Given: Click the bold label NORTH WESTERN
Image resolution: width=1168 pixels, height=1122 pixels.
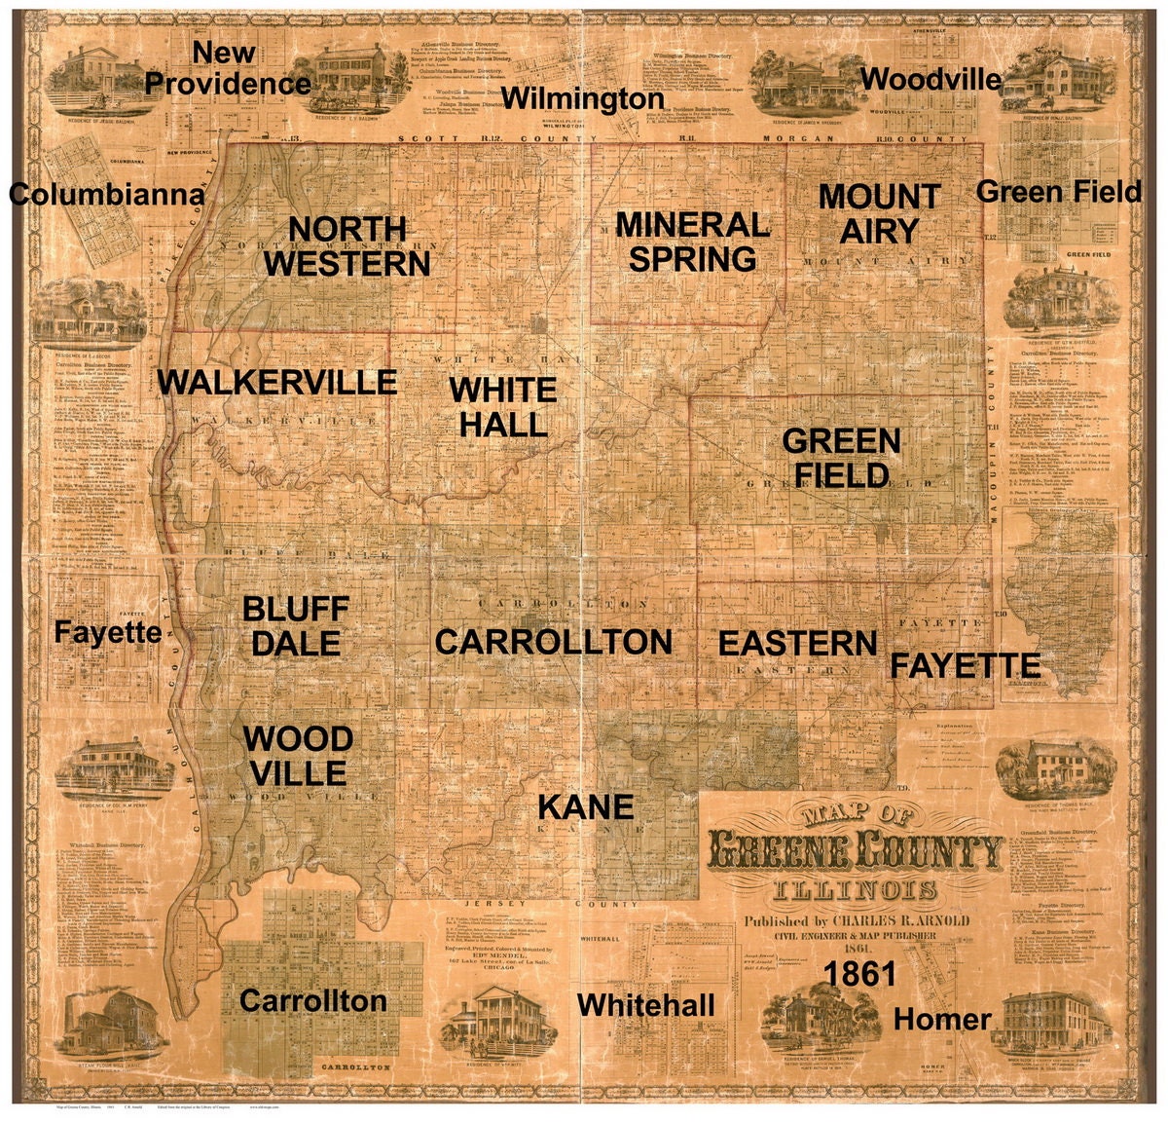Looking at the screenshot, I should [x=347, y=245].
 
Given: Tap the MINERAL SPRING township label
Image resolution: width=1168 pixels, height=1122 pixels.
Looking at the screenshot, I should [x=692, y=242].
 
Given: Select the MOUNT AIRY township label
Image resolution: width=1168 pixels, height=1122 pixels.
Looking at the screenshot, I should [x=879, y=213].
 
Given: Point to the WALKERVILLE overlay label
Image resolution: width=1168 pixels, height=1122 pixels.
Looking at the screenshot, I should [x=277, y=382].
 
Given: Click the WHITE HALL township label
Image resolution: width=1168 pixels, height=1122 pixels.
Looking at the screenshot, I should [x=502, y=406].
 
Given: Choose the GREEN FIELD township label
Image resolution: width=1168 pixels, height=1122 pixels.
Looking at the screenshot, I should [x=841, y=458].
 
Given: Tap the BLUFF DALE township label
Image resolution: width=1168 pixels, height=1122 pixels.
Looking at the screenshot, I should [x=294, y=626].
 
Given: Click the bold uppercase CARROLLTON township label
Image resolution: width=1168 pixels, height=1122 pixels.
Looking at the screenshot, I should [x=553, y=642].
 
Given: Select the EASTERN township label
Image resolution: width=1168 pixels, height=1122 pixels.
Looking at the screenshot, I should [x=797, y=644].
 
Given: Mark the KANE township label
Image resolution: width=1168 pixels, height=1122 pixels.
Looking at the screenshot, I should [x=586, y=806].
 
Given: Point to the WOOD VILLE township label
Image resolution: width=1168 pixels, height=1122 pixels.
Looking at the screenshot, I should [x=298, y=756].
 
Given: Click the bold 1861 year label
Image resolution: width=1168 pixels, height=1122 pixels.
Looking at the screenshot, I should [x=859, y=974].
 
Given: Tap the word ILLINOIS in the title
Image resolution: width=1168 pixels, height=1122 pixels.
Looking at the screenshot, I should [x=855, y=890].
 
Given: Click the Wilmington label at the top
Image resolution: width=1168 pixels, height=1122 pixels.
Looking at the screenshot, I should [x=583, y=98].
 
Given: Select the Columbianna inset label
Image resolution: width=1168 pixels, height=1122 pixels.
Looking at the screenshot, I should [x=107, y=195].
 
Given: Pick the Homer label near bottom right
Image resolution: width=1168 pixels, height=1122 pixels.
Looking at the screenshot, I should [x=941, y=1020].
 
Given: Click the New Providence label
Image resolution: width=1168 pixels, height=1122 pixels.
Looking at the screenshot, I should [x=228, y=68].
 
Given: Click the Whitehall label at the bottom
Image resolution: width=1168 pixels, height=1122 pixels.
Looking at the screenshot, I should [x=646, y=1005].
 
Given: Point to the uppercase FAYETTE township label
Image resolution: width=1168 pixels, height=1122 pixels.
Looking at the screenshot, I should [x=965, y=666].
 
